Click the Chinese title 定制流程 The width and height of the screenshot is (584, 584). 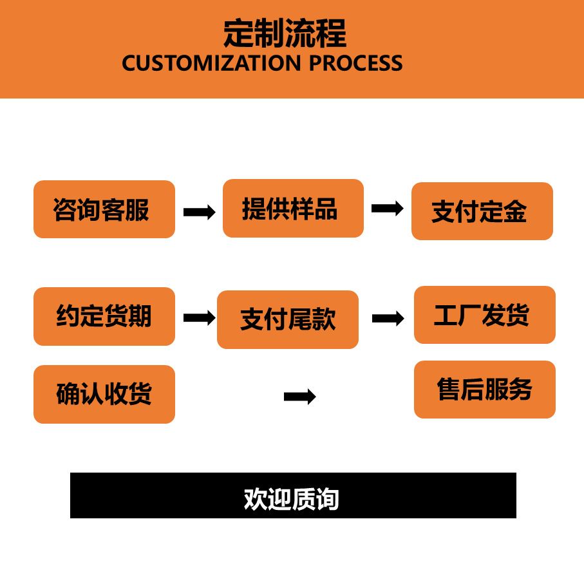click(285, 33)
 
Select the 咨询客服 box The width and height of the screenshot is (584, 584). click(104, 209)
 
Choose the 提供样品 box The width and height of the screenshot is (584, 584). click(293, 208)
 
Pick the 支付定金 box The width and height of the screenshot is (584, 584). click(482, 211)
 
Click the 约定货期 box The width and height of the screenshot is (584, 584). click(104, 316)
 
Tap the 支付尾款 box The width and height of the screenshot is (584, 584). click(287, 319)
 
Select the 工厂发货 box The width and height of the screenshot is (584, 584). click(484, 315)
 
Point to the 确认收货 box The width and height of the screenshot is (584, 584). click(104, 394)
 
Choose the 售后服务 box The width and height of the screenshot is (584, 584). click(484, 390)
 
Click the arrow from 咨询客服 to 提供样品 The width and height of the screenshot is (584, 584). click(199, 212)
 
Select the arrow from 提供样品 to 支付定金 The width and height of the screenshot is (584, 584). click(387, 208)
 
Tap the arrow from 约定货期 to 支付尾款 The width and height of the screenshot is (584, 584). click(199, 317)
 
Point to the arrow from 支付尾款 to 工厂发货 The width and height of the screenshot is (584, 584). click(388, 318)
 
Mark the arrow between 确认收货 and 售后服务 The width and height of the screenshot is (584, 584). click(299, 397)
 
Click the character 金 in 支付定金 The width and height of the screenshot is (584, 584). click(515, 212)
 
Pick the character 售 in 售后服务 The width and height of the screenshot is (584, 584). click(449, 390)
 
